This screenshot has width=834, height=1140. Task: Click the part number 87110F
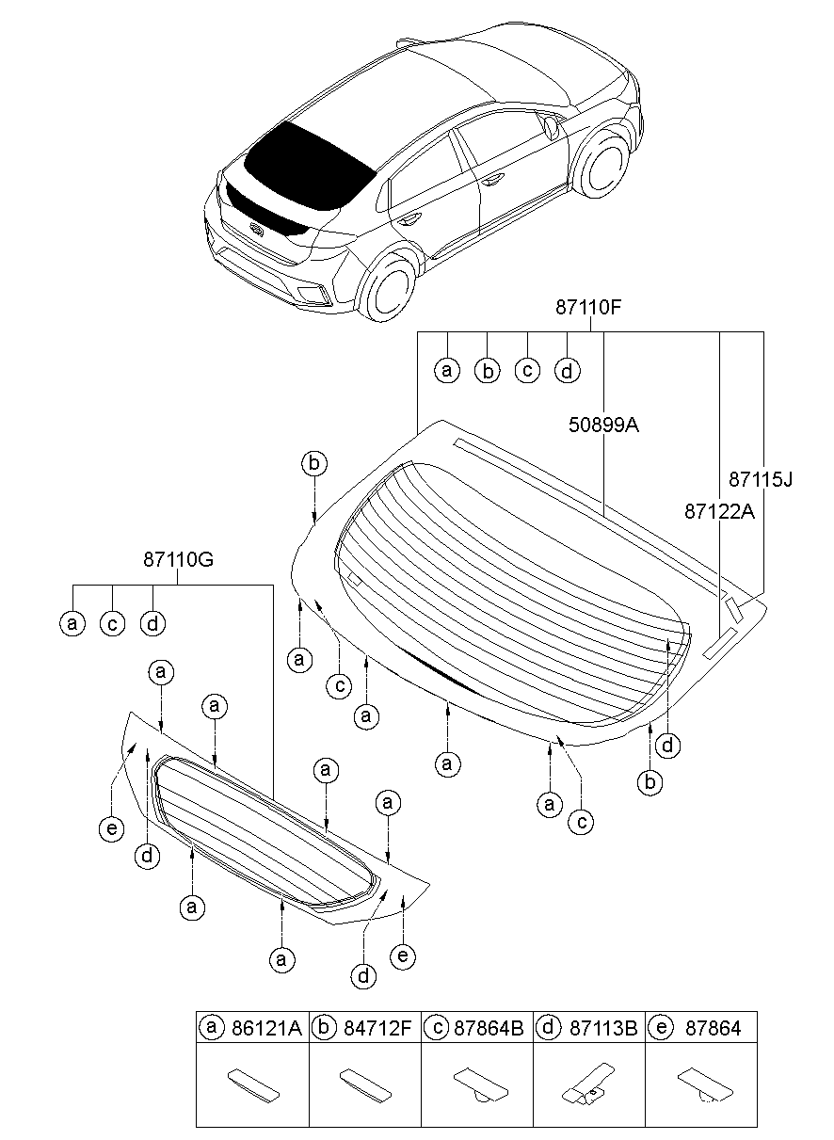point(588,308)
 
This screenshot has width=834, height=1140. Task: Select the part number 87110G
point(178,560)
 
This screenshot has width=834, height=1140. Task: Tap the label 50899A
point(603,425)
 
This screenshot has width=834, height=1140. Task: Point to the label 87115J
point(761,479)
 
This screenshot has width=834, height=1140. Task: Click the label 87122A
point(719,511)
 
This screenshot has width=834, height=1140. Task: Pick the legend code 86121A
point(266,1029)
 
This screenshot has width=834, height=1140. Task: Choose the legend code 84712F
point(377,1029)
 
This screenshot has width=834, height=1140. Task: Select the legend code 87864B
point(489,1029)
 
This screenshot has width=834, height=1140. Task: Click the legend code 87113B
point(603,1029)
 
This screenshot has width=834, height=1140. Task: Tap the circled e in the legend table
point(661,1027)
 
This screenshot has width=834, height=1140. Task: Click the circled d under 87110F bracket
point(567,371)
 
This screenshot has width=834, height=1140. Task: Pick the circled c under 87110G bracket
point(112,623)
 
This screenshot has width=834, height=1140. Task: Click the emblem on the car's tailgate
point(257,230)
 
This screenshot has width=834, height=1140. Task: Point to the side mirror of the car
point(551,128)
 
